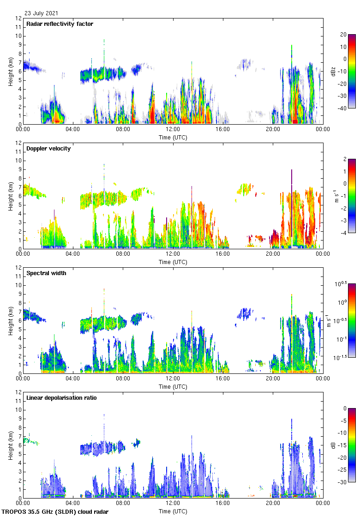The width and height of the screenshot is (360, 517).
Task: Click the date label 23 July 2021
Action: pyautogui.click(x=42, y=13)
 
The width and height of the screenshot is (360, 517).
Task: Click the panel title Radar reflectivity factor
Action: pyautogui.click(x=60, y=24)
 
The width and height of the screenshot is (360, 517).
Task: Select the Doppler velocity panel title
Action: pyautogui.click(x=48, y=149)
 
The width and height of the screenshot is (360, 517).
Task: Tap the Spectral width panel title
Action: pyautogui.click(x=47, y=273)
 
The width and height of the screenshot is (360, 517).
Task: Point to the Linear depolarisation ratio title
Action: pyautogui.click(x=61, y=398)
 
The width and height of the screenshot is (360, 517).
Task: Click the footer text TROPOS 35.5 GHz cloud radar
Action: pyautogui.click(x=55, y=512)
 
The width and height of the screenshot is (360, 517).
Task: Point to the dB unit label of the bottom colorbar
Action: pyautogui.click(x=333, y=445)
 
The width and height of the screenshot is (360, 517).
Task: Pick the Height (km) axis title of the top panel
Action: pyautogui.click(x=10, y=72)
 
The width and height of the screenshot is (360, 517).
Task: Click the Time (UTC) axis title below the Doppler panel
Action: pyautogui.click(x=173, y=262)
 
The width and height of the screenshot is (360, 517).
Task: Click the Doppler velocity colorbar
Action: pyautogui.click(x=352, y=196)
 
